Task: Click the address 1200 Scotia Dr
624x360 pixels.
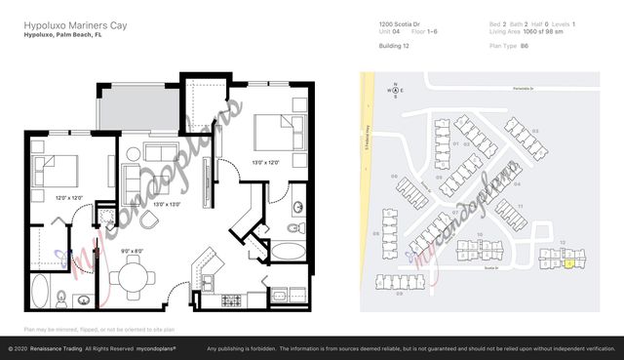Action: (x=400, y=22)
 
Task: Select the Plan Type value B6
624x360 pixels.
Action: (x=525, y=45)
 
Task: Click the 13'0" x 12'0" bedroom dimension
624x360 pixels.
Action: (x=271, y=161)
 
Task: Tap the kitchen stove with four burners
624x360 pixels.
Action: (x=232, y=300)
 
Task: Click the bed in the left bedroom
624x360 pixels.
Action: (x=54, y=171)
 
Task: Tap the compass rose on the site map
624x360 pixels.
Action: (x=395, y=91)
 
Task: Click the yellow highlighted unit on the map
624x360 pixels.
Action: (x=569, y=263)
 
